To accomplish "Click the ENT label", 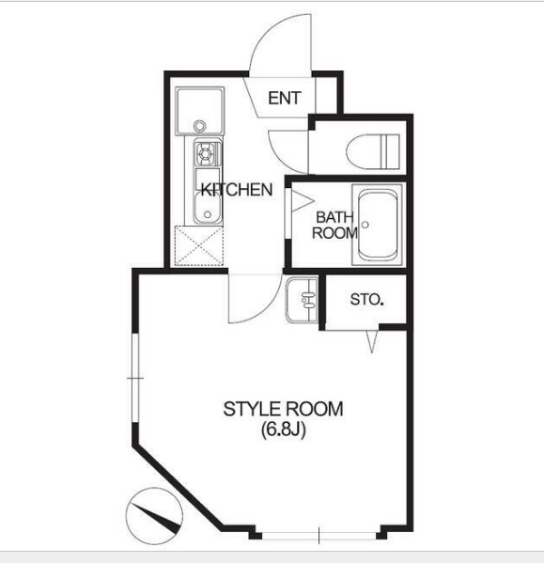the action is coord(285,98).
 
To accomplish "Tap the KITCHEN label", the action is coord(237,189).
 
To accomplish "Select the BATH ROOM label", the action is coord(334,226).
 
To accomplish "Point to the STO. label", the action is coord(366,300).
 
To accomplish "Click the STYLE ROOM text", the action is coord(283,409).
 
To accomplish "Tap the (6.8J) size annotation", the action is coord(284,430).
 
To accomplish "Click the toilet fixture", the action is coord(373,151).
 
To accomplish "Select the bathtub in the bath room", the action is coord(378,225).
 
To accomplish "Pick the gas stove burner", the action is coord(205,154).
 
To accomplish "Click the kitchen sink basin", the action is coord(208,208).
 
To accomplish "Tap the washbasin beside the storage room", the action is coord(303,300).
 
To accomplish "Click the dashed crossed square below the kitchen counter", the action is coord(199,246).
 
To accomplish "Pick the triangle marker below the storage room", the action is coord(372,341).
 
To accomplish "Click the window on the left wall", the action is coord(135,378).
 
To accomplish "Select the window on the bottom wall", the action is coord(319,536).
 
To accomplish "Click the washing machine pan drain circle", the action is coord(199,126).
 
